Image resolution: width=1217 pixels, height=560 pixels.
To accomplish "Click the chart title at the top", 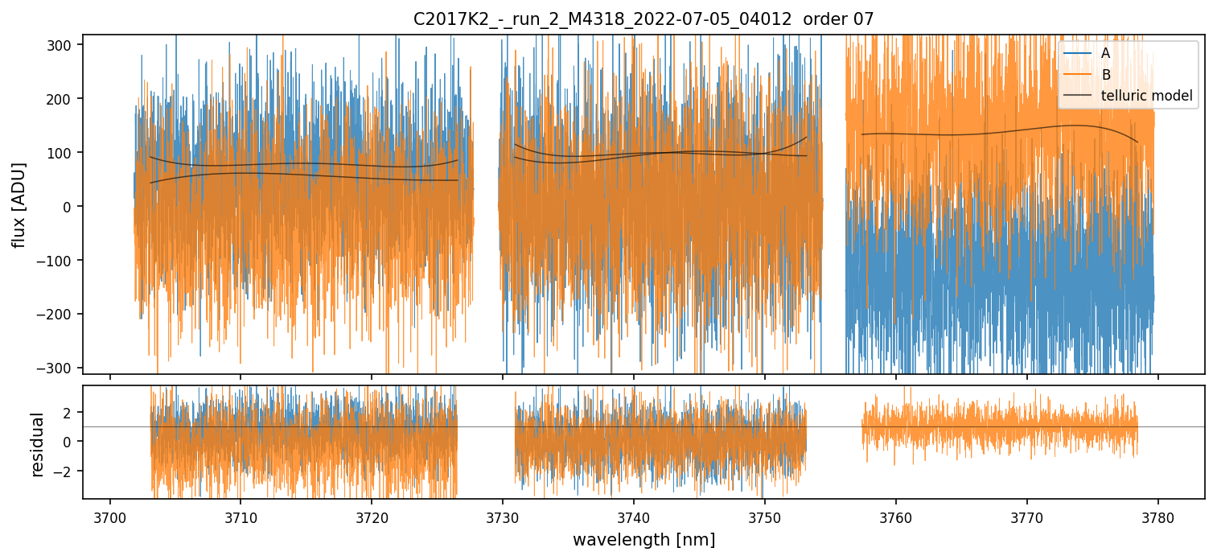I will (x=643, y=19).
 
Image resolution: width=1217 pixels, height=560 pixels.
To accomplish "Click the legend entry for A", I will (x=1105, y=53).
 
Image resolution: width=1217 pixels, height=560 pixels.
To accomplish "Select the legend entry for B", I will (x=1105, y=75).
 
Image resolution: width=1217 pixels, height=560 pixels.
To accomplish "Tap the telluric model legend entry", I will (x=1146, y=97).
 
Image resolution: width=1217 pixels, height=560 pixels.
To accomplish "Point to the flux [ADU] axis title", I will (x=18, y=204).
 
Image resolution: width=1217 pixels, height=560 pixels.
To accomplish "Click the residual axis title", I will (x=37, y=444).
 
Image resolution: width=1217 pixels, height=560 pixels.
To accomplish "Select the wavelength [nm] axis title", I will (x=643, y=539).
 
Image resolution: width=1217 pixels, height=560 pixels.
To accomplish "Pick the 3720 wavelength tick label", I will (x=372, y=517).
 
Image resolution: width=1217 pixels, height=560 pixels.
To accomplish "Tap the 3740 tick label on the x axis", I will (x=634, y=517).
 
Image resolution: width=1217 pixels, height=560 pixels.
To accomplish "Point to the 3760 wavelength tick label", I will (x=896, y=517).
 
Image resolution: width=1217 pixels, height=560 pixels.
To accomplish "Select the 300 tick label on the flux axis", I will (x=64, y=45).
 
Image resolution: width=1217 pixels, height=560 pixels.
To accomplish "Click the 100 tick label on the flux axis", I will (x=64, y=153).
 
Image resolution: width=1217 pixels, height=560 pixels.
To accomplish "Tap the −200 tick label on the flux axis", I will (x=60, y=314).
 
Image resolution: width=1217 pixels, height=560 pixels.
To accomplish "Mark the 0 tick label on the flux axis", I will (x=72, y=207).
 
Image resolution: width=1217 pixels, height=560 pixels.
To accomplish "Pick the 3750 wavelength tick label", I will (x=765, y=517).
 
